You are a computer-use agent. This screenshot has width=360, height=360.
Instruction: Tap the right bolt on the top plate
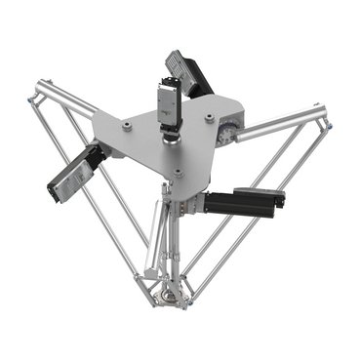[209, 116]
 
